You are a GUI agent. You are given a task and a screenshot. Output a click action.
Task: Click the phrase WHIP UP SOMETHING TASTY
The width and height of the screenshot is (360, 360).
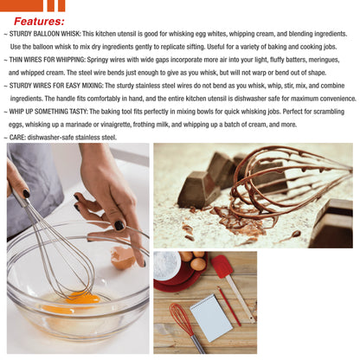tap(55, 112)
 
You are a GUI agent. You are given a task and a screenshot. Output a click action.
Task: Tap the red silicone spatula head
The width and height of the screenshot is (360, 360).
tap(222, 266)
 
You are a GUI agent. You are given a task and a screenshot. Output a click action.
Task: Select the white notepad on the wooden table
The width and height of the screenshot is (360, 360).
tap(210, 317)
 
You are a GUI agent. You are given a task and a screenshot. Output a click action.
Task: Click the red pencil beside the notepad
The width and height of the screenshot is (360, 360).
tap(229, 305)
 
